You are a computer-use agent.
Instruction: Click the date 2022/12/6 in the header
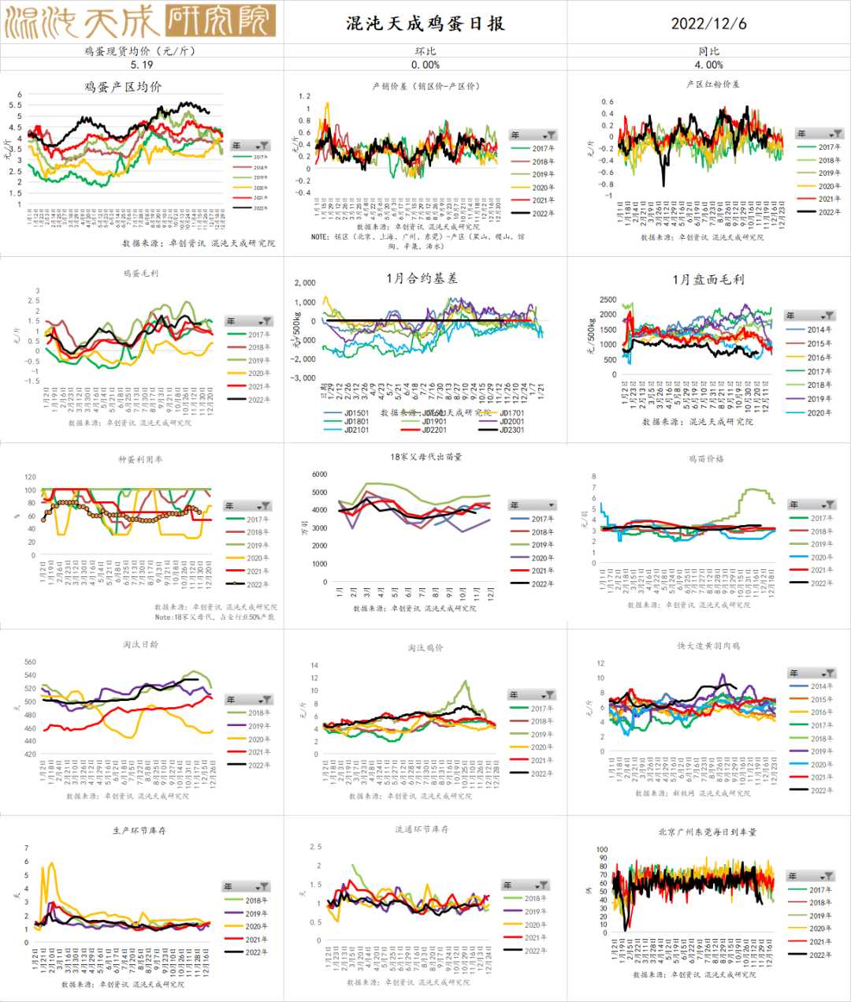pos(708,24)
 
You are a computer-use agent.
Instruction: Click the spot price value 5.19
pos(142,65)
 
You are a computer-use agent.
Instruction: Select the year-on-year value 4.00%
pos(708,65)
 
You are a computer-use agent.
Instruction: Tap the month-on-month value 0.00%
pos(425,65)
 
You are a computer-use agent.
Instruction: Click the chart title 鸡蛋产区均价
pos(123,87)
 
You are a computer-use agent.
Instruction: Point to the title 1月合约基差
pos(422,278)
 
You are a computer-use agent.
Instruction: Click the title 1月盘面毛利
pos(708,279)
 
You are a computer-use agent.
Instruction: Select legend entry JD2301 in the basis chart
pos(511,430)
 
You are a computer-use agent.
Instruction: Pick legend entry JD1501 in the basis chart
pos(356,413)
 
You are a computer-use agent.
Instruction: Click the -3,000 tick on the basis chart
pos(304,378)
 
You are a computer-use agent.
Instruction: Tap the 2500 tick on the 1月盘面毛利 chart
pos(608,300)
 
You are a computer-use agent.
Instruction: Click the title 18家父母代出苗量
pos(425,457)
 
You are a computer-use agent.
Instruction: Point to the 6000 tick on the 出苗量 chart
pos(319,475)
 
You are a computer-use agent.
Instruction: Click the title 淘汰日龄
pos(140,645)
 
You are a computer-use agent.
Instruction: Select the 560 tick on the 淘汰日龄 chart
pos(30,662)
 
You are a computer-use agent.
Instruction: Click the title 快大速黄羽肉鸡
pos(708,646)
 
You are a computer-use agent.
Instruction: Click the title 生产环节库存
pos(139,831)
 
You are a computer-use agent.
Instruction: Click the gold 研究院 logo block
pos(221,21)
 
